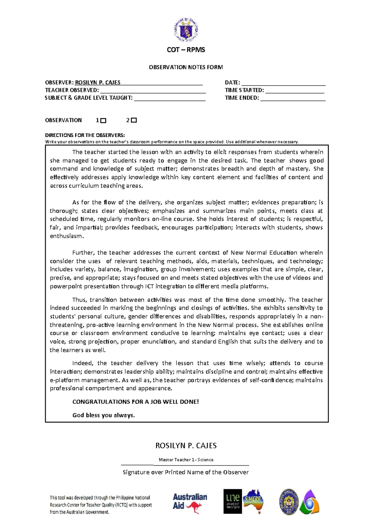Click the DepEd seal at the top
pos(186,30)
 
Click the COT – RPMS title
pos(186,50)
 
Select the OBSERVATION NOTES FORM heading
pos(186,67)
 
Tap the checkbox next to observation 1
pos(104,121)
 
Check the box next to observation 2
pos(134,120)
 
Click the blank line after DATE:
pos(283,83)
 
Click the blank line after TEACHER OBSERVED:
pos(153,91)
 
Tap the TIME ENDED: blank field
pos(293,98)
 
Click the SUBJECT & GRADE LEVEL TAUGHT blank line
pos(170,98)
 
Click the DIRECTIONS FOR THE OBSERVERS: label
pos(85,135)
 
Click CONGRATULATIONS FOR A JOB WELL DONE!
pos(135,402)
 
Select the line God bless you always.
pos(104,415)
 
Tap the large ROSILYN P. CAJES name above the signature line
pos(186,446)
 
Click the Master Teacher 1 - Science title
pos(186,460)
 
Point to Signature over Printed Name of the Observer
pos(186,472)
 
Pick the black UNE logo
pos(232,501)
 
